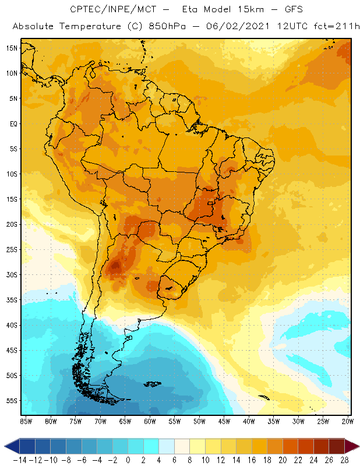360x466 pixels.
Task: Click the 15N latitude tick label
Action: (11, 48)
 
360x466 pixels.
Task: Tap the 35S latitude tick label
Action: (11, 300)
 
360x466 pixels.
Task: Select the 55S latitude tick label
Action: (11, 401)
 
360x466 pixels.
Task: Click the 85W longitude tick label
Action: (26, 421)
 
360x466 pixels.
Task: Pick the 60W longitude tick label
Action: (150, 421)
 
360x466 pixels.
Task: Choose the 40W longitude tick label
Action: (249, 421)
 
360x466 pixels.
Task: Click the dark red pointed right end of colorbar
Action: (351, 446)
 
